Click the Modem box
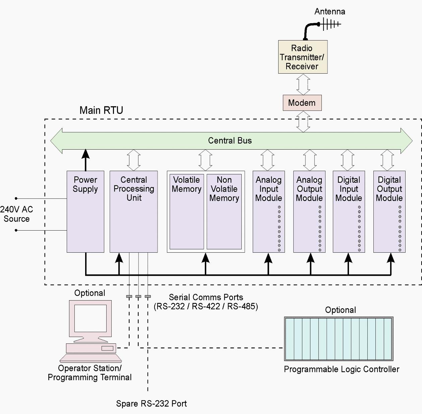[302, 103]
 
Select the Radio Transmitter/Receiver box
[303, 57]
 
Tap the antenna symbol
[330, 24]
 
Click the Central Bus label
[230, 141]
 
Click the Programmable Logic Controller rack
[339, 339]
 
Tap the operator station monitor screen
[90, 318]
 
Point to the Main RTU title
[101, 110]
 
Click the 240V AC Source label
[16, 214]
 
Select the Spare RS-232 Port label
[151, 404]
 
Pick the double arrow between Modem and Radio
[303, 84]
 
